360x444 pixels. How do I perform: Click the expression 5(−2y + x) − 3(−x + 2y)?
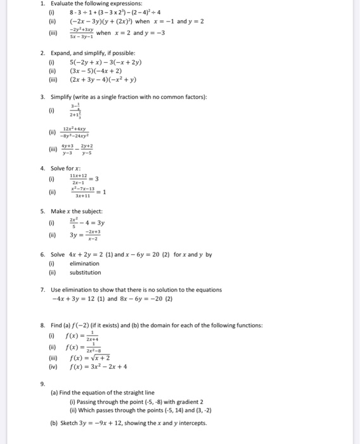106,62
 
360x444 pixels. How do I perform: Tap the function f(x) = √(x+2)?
93,357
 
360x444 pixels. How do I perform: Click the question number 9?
42,382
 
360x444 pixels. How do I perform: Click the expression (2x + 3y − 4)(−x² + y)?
103,79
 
